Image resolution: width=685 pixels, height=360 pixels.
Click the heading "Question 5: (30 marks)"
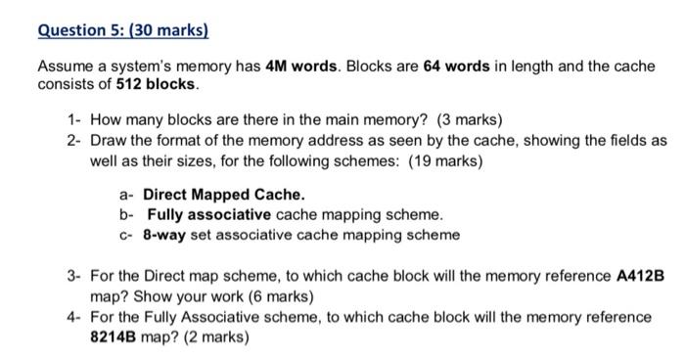[x=123, y=30]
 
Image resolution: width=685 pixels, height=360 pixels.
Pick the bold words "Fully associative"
[x=208, y=214]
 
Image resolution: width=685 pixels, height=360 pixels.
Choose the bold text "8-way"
[x=165, y=235]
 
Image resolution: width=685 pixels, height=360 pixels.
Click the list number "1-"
[x=74, y=121]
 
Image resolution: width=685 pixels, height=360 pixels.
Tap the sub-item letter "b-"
[x=126, y=214]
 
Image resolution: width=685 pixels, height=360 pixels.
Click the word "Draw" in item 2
[x=109, y=140]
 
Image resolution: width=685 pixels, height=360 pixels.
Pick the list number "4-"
[x=74, y=317]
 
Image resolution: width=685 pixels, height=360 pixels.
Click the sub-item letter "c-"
[x=126, y=235]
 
